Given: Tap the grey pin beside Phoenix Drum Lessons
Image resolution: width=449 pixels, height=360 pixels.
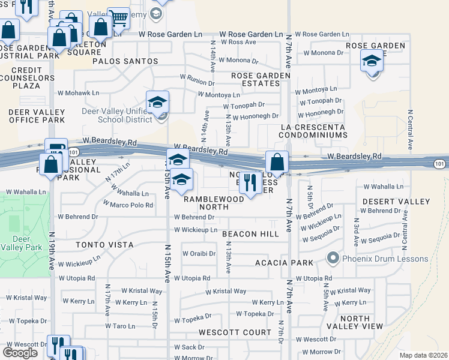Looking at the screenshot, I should (334, 259).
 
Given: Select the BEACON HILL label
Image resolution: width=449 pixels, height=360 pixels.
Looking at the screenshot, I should (250, 234).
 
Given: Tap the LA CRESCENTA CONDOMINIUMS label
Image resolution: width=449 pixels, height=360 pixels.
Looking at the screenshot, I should (313, 131).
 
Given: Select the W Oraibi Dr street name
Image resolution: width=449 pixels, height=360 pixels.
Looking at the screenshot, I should (199, 253).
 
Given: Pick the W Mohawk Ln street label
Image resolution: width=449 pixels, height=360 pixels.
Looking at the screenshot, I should (78, 93).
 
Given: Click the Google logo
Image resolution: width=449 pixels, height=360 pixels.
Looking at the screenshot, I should (20, 353).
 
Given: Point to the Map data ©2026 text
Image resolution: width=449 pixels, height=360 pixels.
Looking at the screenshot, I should (423, 355).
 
